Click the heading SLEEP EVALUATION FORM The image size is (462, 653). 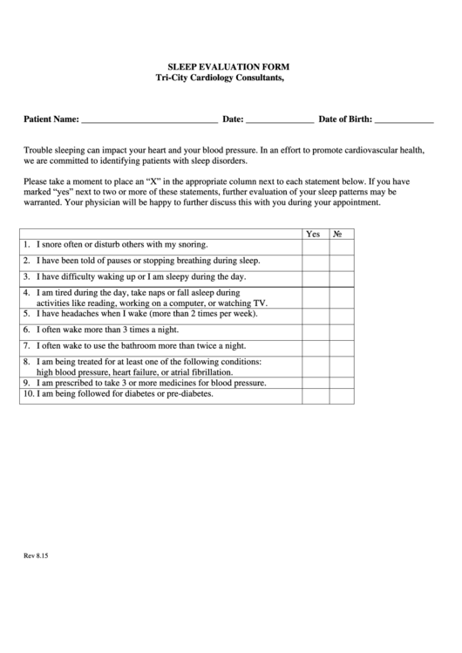point(228,66)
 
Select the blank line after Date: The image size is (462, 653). point(279,120)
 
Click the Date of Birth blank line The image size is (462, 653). point(404,120)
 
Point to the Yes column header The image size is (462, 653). point(314,235)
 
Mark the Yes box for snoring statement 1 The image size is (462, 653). point(315,247)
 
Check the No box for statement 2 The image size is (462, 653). point(341,262)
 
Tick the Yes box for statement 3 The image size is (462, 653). point(315,277)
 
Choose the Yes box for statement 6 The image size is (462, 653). point(315,330)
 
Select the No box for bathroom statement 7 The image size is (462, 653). point(341,346)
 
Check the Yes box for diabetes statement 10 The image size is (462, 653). point(315,394)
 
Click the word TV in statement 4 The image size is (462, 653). point(260,303)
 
